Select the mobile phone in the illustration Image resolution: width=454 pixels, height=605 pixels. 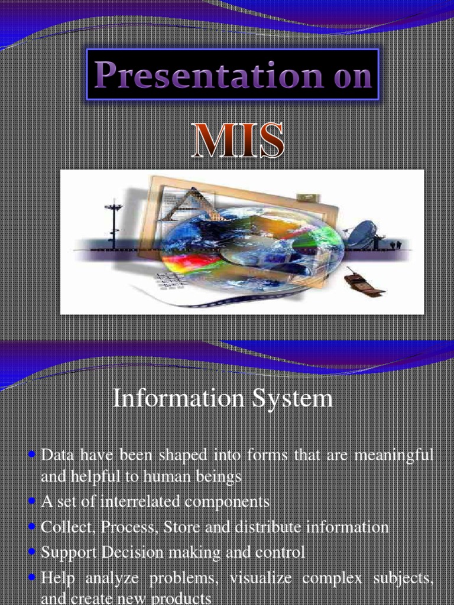(363, 282)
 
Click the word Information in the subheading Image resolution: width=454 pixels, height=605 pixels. (170, 399)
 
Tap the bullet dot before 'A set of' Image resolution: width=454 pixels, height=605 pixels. (33, 502)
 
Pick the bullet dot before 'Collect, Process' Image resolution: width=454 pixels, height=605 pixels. (33, 526)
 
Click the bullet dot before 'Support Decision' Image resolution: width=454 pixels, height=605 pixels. (33, 552)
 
